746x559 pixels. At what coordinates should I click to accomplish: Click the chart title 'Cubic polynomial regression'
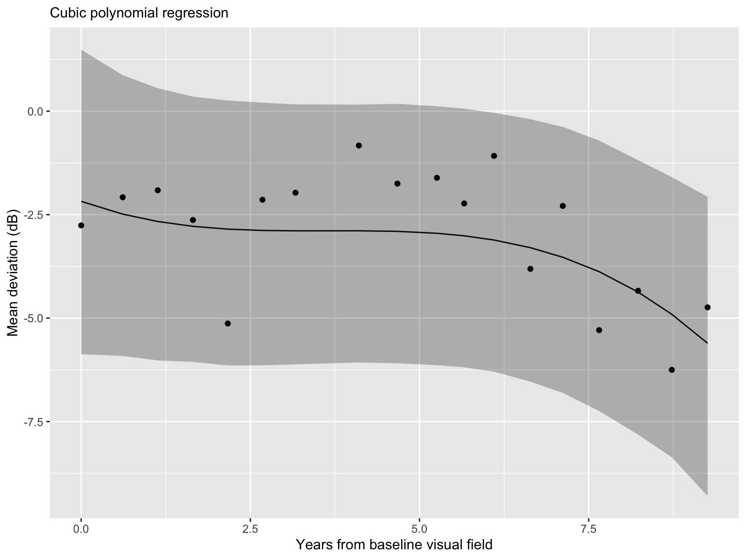[x=139, y=13]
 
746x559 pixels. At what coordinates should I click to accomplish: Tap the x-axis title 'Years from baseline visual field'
[x=394, y=545]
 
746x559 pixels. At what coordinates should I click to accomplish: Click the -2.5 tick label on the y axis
[x=32, y=215]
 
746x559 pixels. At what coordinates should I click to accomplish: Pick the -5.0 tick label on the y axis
[x=32, y=318]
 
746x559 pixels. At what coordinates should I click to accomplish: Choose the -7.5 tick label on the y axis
[x=32, y=422]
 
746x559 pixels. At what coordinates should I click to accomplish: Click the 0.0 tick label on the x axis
[x=81, y=528]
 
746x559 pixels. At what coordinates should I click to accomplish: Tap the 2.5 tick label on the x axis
[x=250, y=528]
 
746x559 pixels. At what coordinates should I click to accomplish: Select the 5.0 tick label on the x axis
[x=419, y=528]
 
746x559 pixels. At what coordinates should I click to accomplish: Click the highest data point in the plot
[x=359, y=146]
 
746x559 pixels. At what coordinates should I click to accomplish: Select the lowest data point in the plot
[x=672, y=370]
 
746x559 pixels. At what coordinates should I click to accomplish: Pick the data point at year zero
[x=81, y=225]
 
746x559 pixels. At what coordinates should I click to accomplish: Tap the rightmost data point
[x=707, y=307]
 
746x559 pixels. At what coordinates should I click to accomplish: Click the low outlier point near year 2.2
[x=228, y=323]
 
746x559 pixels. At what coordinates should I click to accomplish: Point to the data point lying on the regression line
[x=638, y=291]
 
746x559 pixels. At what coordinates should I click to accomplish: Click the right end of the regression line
[x=707, y=343]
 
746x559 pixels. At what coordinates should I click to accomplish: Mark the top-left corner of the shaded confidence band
[x=81, y=50]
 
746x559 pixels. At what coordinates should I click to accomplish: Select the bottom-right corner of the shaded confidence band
[x=707, y=495]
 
